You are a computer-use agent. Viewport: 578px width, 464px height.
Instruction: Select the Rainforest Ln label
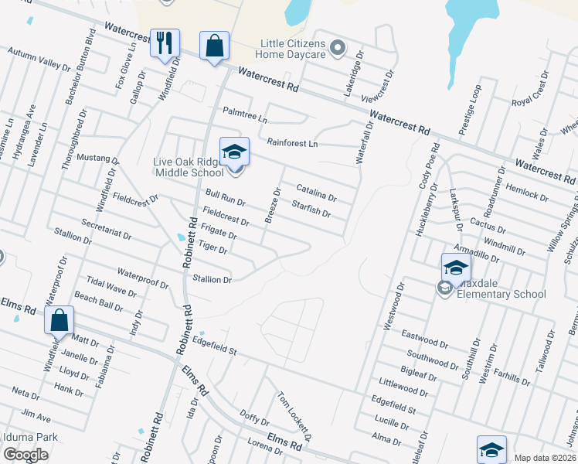(292, 143)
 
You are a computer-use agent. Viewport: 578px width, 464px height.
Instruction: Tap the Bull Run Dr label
(226, 197)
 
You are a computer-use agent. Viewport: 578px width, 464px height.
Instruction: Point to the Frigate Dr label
(219, 230)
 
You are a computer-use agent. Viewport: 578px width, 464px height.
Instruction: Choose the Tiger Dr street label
(212, 247)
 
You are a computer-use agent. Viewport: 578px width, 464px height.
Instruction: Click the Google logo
(25, 455)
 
